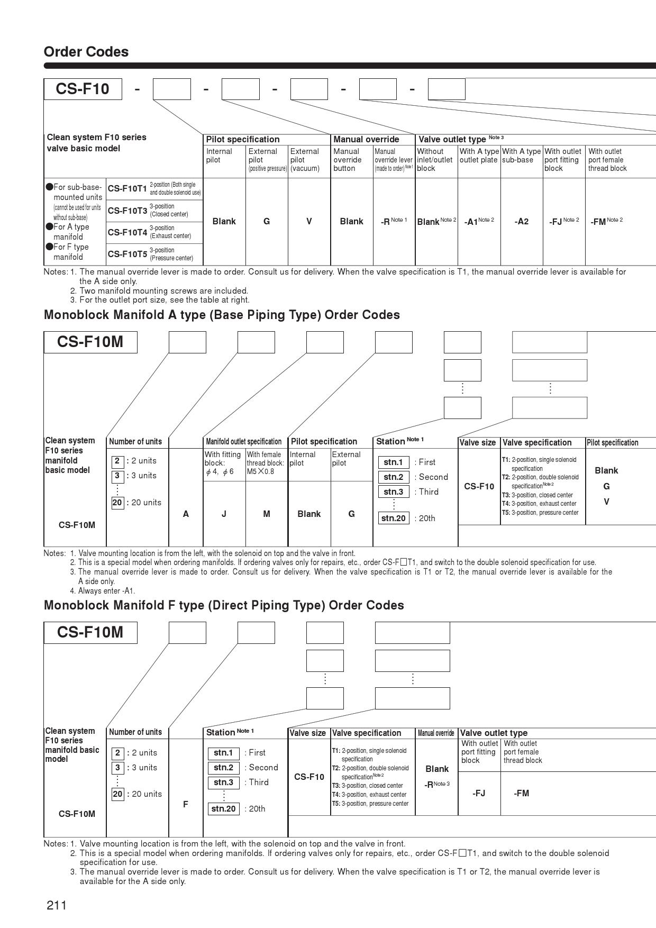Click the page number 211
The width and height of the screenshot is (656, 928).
[57, 905]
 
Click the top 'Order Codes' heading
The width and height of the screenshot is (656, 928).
[86, 52]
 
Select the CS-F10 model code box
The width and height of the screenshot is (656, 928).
[83, 88]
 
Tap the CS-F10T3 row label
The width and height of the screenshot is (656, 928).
[127, 211]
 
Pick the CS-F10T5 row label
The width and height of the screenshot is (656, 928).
[127, 254]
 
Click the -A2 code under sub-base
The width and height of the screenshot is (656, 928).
[521, 222]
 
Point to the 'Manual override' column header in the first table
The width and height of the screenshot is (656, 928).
[366, 139]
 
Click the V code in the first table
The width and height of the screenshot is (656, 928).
[309, 221]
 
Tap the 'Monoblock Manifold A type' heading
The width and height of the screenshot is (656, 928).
[222, 315]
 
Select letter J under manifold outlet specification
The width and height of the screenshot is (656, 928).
[224, 514]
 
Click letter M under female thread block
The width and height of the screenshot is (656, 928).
[267, 514]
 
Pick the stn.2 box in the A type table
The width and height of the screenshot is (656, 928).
[393, 477]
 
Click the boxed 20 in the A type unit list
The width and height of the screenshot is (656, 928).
[117, 503]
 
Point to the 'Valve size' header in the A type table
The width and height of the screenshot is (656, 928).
[478, 442]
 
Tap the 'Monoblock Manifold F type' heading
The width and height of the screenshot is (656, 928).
[224, 605]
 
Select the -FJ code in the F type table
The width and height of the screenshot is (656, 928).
[479, 793]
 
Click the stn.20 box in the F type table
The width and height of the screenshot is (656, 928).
[223, 808]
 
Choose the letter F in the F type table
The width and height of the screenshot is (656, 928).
[186, 804]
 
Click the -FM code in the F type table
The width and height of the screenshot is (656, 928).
[521, 793]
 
